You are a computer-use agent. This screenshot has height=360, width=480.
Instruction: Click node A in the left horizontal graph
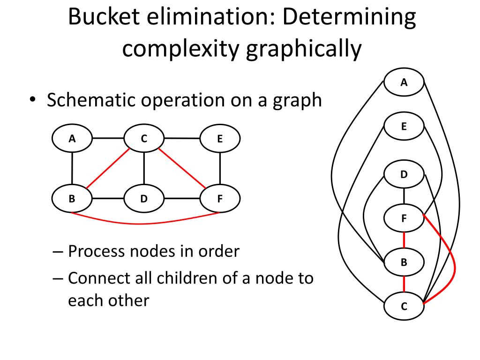(72, 139)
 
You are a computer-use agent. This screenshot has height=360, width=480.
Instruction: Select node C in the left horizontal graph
(144, 139)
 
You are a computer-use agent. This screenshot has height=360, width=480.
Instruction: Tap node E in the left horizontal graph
(220, 139)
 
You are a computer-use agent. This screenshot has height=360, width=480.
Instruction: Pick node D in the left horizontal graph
(144, 198)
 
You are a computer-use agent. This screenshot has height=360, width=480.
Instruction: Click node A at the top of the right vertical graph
(404, 83)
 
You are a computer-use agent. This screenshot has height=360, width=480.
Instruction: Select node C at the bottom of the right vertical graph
(404, 307)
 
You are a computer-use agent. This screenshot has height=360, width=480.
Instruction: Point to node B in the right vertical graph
(404, 262)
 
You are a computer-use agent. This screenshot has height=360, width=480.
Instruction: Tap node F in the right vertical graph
(404, 218)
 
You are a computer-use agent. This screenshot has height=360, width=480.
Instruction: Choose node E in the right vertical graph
(404, 127)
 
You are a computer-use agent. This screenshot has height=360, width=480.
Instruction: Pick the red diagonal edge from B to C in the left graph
(108, 168)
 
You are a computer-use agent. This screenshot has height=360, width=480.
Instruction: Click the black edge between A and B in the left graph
(72, 168)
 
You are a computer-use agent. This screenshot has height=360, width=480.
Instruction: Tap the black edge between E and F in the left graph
(220, 168)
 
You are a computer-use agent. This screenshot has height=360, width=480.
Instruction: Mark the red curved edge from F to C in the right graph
(454, 262)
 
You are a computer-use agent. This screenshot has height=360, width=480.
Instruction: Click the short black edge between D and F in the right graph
(404, 196)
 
